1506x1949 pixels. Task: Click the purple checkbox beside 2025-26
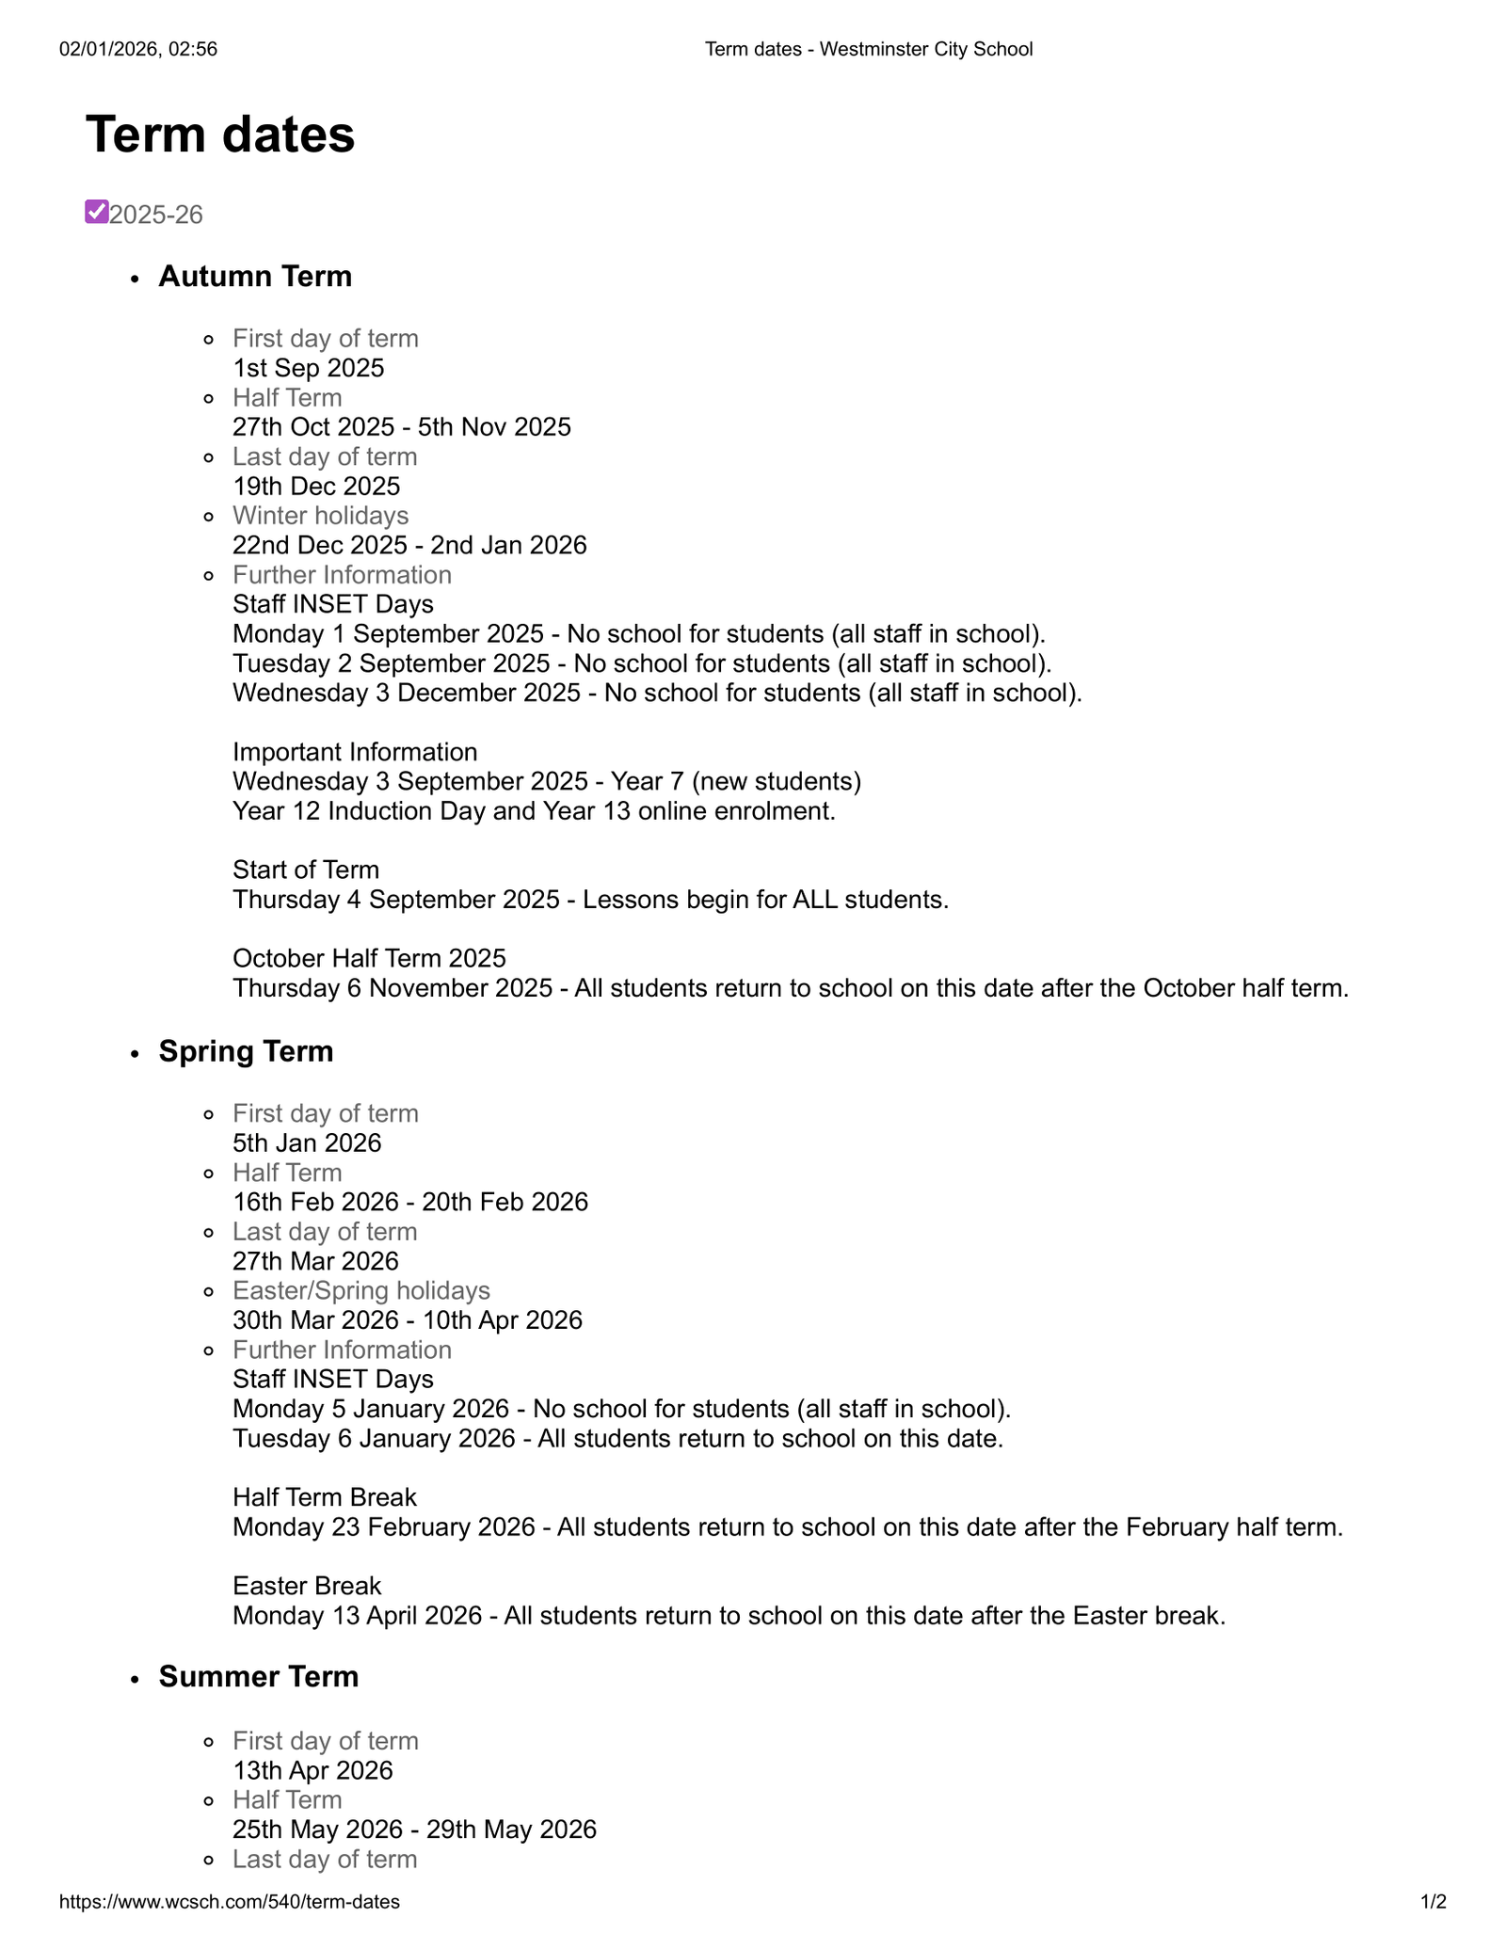pyautogui.click(x=96, y=212)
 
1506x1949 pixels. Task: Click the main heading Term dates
pyautogui.click(x=220, y=135)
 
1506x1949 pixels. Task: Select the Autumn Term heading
pyautogui.click(x=255, y=277)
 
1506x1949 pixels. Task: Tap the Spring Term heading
pyautogui.click(x=246, y=1051)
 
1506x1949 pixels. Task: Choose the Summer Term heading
pyautogui.click(x=259, y=1676)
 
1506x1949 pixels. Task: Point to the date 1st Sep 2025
pyautogui.click(x=309, y=368)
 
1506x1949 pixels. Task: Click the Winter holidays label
pyautogui.click(x=321, y=516)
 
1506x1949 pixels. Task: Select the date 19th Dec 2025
pyautogui.click(x=316, y=487)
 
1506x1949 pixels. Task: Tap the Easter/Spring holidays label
pyautogui.click(x=361, y=1290)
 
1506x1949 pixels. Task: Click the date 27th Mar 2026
pyautogui.click(x=315, y=1261)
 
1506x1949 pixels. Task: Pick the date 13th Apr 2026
pyautogui.click(x=312, y=1770)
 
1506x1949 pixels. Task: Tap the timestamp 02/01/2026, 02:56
pyautogui.click(x=138, y=49)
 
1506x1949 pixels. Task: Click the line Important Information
pyautogui.click(x=355, y=752)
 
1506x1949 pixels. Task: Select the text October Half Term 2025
pyautogui.click(x=369, y=958)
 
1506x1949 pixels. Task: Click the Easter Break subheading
pyautogui.click(x=307, y=1586)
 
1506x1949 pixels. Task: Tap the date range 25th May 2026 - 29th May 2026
pyautogui.click(x=414, y=1829)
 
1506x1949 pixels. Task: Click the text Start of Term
pyautogui.click(x=306, y=870)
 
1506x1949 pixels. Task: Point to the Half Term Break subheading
pyautogui.click(x=325, y=1497)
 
